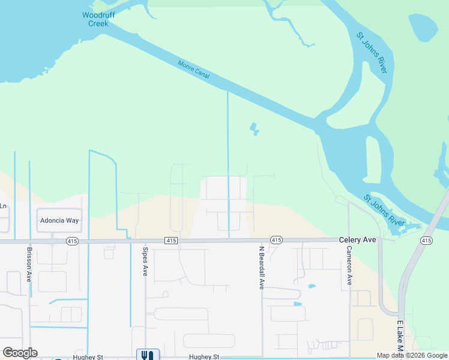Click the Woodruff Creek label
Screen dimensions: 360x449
(x=95, y=19)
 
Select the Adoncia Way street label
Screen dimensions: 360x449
(x=59, y=220)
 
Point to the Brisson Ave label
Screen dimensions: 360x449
(x=29, y=264)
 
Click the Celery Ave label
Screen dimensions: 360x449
(x=357, y=239)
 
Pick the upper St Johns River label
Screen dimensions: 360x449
(x=372, y=53)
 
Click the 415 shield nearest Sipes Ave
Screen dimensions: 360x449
(x=172, y=241)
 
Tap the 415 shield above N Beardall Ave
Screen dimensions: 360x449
(x=276, y=240)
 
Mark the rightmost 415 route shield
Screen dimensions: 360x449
(x=426, y=241)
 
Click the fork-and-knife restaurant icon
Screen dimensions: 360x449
(x=148, y=355)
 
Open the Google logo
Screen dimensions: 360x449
(x=20, y=352)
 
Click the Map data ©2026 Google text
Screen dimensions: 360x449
(x=412, y=355)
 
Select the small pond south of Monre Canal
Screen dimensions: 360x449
(x=255, y=128)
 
